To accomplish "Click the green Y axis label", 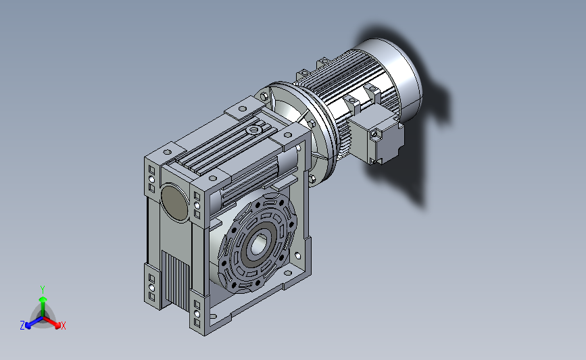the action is tap(43, 290).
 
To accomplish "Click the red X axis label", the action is tap(63, 326).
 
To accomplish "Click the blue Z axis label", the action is tap(22, 326).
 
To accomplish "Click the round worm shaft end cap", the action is tap(174, 202).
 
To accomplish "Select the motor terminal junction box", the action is tap(376, 136).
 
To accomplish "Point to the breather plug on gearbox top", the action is tap(254, 130).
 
